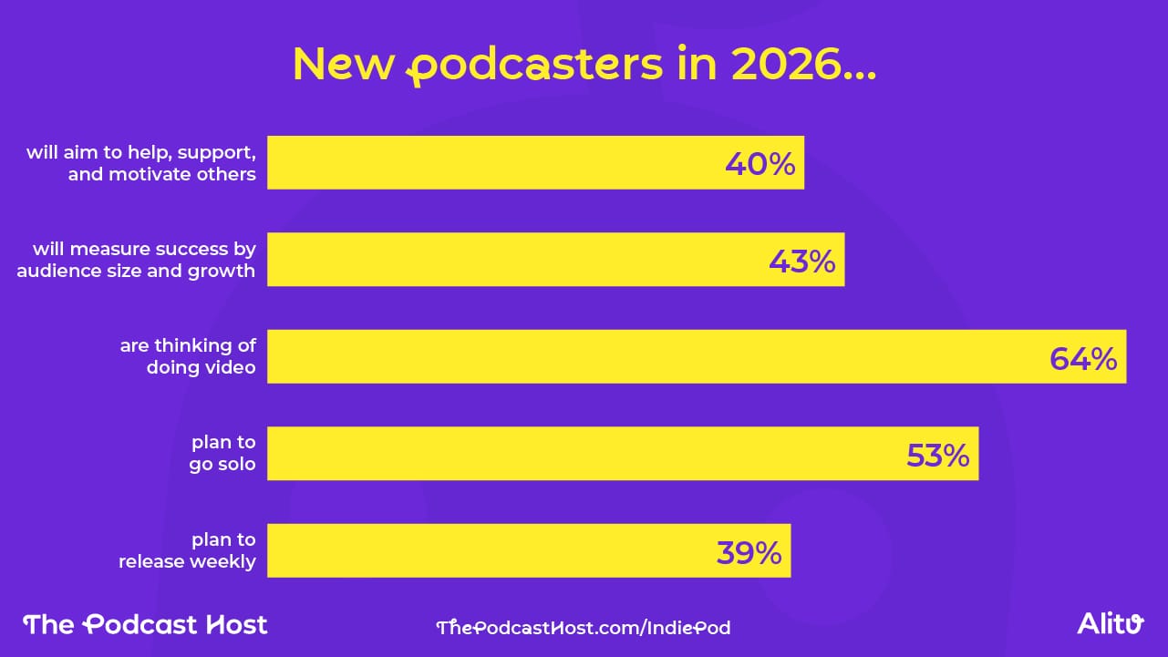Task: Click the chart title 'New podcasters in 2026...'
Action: (584, 64)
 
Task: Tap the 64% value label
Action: (1082, 358)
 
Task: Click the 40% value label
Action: (760, 164)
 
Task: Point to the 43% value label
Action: (801, 262)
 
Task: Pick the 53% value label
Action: (937, 455)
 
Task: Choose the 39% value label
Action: (749, 552)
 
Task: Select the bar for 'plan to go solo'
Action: (584, 454)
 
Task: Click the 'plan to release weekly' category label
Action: (187, 550)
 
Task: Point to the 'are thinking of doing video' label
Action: (188, 356)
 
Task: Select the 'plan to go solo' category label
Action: (222, 454)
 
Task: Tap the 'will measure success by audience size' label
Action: (137, 260)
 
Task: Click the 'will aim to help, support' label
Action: (141, 163)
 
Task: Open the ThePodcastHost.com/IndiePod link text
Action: (584, 627)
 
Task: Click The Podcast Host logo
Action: (146, 624)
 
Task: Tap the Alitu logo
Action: (1110, 624)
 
